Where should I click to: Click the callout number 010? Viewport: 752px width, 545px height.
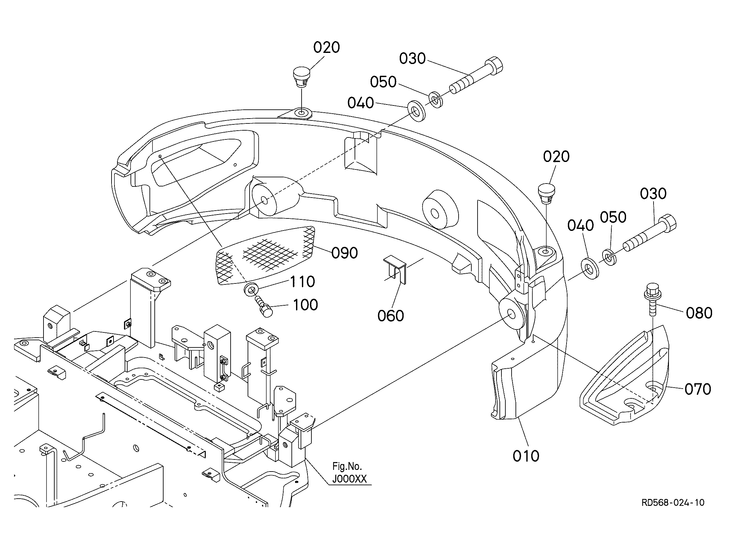click(x=526, y=456)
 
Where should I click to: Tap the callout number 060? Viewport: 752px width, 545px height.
click(x=391, y=315)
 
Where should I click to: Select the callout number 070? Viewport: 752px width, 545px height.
click(x=698, y=389)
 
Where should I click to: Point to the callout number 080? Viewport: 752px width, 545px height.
click(x=699, y=313)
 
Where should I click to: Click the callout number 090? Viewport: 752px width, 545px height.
click(x=344, y=253)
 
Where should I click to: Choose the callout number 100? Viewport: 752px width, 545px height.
click(x=306, y=305)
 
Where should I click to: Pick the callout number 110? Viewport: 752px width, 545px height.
click(x=303, y=282)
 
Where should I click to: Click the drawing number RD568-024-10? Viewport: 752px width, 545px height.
click(x=673, y=503)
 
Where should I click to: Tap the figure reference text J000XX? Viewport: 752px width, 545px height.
click(x=349, y=479)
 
